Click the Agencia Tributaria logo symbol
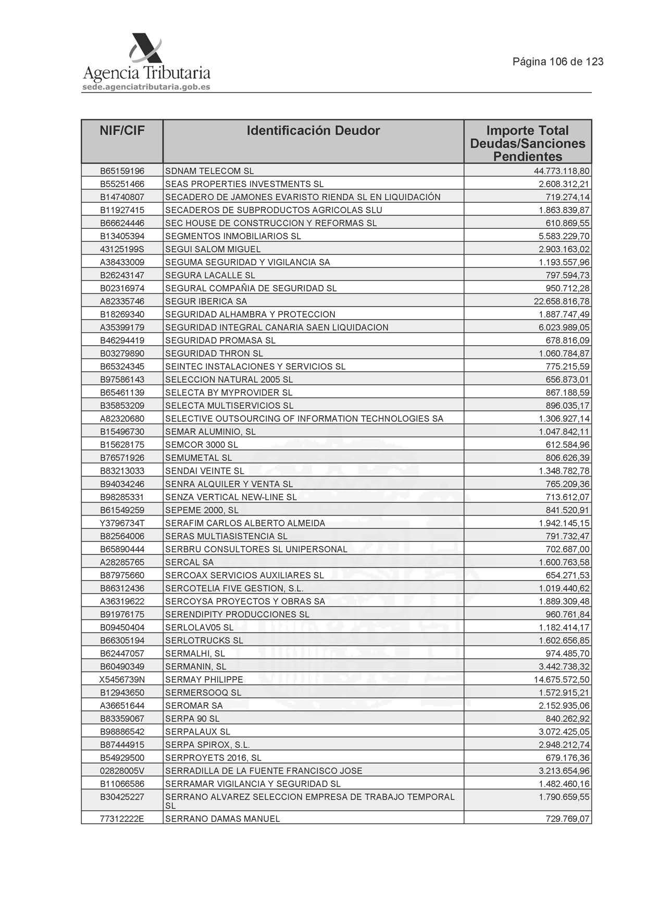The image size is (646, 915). pos(145,49)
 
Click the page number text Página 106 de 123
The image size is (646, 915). pos(558,62)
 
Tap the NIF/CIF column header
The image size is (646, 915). pos(122,131)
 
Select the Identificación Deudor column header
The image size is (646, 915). pos(313,131)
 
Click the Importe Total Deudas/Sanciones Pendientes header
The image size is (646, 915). pos(527,143)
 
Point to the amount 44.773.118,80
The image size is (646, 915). pos(562,171)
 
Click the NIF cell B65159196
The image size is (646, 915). pos(122,171)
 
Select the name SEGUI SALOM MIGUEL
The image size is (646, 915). pos(213,249)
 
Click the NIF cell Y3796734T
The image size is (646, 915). pos(122,523)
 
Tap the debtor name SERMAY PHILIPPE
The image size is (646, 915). pos(204,680)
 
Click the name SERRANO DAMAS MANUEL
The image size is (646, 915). pos(222,819)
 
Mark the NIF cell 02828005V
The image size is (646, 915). pos(122,771)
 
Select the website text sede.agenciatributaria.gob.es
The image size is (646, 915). pos(146,87)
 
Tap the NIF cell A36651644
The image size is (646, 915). pos(122,706)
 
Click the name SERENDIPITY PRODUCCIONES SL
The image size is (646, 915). pos(237,615)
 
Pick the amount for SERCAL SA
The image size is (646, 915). pos(564,562)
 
